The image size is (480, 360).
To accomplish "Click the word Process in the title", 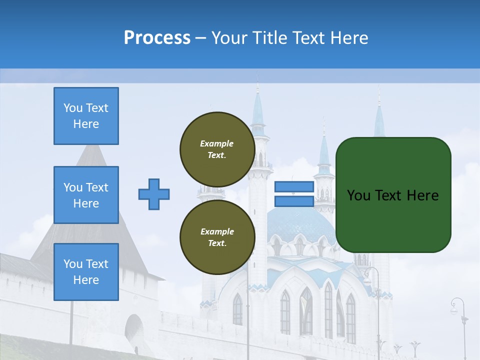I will tap(157, 38).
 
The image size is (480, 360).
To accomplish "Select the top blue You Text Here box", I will tap(86, 116).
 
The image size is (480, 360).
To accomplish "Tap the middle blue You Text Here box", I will tap(86, 195).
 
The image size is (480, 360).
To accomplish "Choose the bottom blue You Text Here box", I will tap(86, 272).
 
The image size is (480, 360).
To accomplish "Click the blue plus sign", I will tap(154, 194).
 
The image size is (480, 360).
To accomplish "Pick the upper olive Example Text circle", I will tap(217, 149).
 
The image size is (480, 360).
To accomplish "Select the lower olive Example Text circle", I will tap(217, 237).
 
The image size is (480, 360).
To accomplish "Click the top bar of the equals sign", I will tap(294, 187).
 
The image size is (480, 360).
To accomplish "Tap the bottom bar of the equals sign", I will tap(294, 201).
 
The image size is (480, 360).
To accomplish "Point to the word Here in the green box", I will tap(422, 195).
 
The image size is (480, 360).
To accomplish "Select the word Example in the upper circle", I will tap(217, 143).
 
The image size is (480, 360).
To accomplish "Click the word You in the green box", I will tap(357, 195).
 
